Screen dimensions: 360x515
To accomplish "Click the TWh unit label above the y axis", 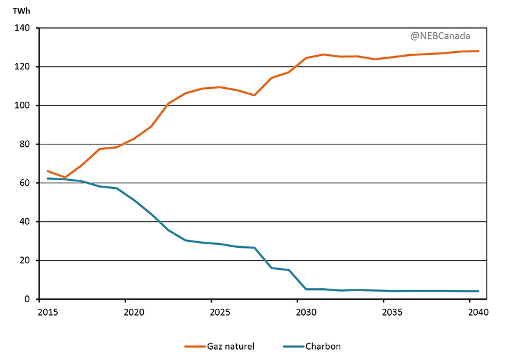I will pyautogui.click(x=21, y=11).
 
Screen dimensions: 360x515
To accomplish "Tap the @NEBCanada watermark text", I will pyautogui.click(x=440, y=36).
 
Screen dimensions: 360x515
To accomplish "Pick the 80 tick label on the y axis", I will pyautogui.click(x=25, y=144).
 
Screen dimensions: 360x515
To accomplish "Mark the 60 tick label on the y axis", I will pyautogui.click(x=25, y=183).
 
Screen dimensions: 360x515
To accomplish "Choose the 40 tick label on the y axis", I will pyautogui.click(x=25, y=222).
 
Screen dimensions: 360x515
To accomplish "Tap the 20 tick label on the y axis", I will pyautogui.click(x=25, y=261).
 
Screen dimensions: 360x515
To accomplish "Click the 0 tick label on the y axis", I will pyautogui.click(x=27, y=299).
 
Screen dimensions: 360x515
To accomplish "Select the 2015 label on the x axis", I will pyautogui.click(x=47, y=312).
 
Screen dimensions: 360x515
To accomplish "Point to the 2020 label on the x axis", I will pyautogui.click(x=133, y=312).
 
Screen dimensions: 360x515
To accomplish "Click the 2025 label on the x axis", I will pyautogui.click(x=220, y=312).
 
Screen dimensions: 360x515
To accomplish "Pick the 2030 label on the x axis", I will pyautogui.click(x=306, y=312).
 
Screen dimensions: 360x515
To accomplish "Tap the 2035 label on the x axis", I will pyautogui.click(x=392, y=312).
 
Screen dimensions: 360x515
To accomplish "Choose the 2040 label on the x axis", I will pyautogui.click(x=478, y=312).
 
